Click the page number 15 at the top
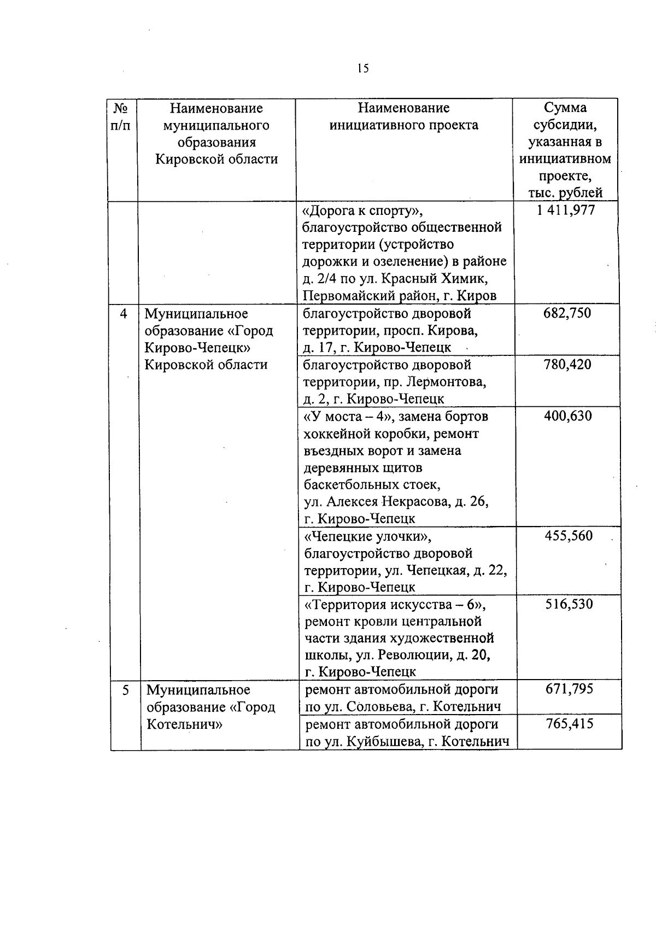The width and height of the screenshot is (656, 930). pyautogui.click(x=363, y=68)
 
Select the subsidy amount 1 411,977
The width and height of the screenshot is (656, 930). pyautogui.click(x=566, y=210)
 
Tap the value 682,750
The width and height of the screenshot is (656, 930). pyautogui.click(x=567, y=314)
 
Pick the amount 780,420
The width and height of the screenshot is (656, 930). pyautogui.click(x=567, y=365)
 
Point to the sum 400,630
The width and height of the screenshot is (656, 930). pyautogui.click(x=567, y=416)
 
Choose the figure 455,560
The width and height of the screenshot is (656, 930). pyautogui.click(x=568, y=536)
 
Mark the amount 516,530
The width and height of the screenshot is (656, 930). pyautogui.click(x=569, y=604)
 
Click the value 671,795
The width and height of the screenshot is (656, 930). pyautogui.click(x=569, y=689)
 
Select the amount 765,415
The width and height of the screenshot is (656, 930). pyautogui.click(x=569, y=724)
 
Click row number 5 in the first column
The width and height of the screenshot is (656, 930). pyautogui.click(x=126, y=690)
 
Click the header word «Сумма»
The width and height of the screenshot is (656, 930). pyautogui.click(x=565, y=108)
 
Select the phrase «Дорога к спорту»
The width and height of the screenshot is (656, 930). pyautogui.click(x=364, y=210)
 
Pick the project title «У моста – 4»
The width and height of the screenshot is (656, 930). pyautogui.click(x=349, y=417)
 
